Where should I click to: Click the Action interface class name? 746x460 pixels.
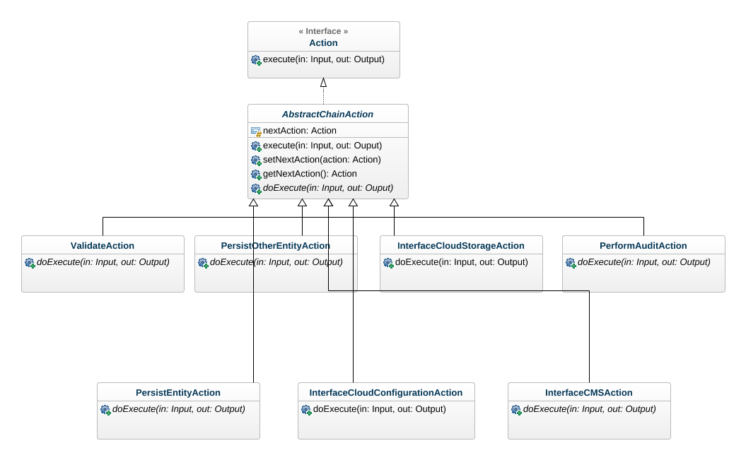click(x=323, y=43)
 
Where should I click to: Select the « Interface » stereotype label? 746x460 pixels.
click(x=323, y=31)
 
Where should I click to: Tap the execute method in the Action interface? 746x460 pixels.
click(x=323, y=59)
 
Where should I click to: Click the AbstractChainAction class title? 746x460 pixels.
click(x=327, y=114)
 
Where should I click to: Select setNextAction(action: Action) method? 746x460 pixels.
click(x=321, y=160)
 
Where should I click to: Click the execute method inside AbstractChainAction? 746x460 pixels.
click(x=322, y=146)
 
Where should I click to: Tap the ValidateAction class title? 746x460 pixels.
click(x=103, y=246)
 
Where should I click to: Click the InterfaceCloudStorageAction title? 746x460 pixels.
click(x=461, y=246)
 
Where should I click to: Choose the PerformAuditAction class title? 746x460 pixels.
click(x=643, y=246)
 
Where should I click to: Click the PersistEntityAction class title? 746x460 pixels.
click(x=178, y=393)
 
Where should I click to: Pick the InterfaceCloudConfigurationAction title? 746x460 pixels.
click(x=386, y=393)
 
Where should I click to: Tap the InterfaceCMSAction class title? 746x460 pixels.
click(x=589, y=393)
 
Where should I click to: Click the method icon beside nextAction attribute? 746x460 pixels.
click(x=256, y=131)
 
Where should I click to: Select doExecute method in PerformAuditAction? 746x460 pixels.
click(x=643, y=262)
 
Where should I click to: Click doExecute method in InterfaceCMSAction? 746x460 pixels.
click(x=589, y=409)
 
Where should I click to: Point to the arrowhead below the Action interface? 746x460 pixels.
click(x=323, y=83)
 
